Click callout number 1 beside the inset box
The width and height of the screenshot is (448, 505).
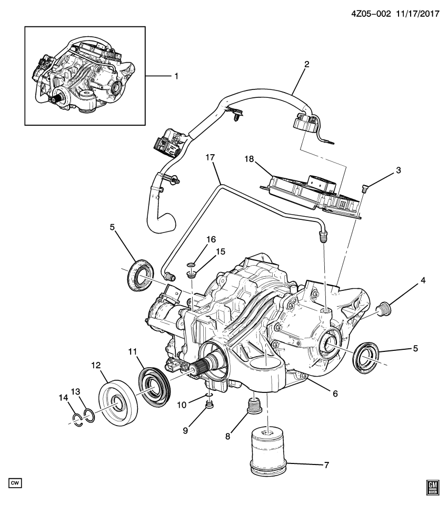[176, 76]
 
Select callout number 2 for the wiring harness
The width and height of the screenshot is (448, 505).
[306, 65]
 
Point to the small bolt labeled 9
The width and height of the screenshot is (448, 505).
[210, 404]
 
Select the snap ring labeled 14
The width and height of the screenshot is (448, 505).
[77, 419]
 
